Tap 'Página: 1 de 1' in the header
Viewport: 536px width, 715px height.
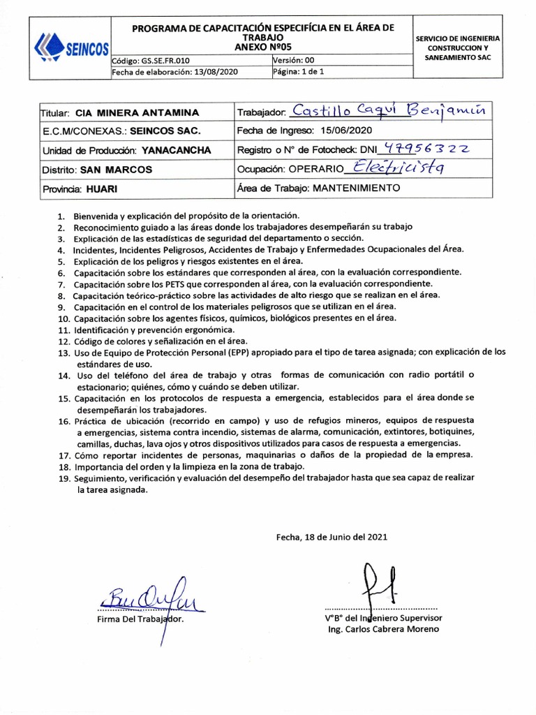[299, 72]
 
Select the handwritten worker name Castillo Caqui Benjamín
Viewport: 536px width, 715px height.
[392, 110]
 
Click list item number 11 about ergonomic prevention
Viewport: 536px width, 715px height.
[147, 329]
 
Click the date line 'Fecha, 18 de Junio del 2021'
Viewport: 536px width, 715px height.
[330, 537]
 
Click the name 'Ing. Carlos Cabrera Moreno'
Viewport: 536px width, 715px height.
[384, 629]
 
